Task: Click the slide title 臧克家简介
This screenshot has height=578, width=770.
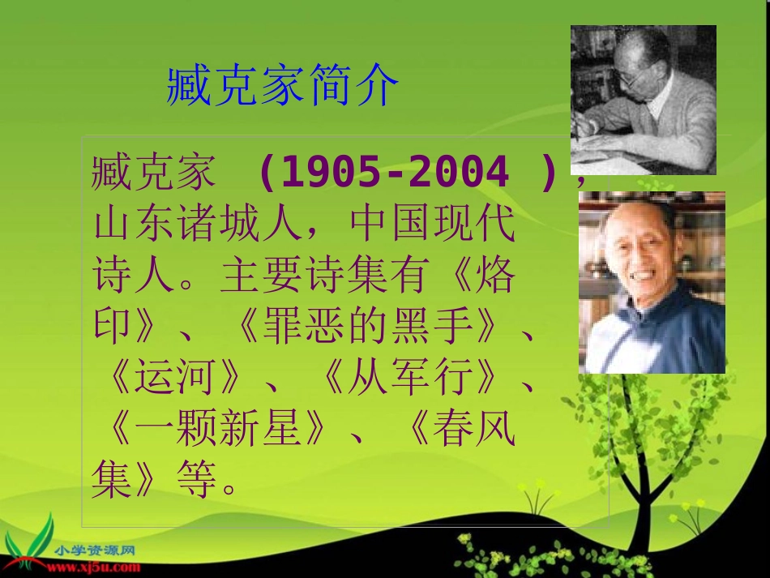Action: pos(283,87)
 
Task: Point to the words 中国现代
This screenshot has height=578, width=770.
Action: pos(434,225)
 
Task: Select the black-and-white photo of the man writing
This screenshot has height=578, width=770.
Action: pos(643,100)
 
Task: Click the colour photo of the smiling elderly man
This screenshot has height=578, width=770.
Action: pos(652,282)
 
